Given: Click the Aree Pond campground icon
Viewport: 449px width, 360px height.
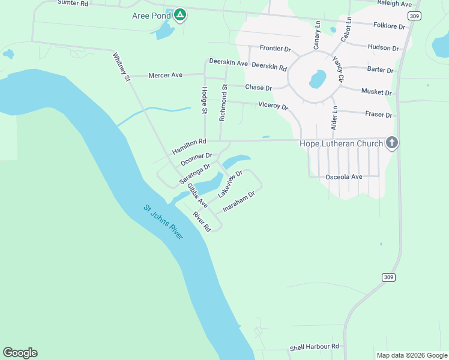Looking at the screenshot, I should coord(179,16).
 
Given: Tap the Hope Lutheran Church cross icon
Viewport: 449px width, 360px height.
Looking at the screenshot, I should coord(391,143).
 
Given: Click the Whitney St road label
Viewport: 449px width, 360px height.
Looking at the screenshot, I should coord(121,67).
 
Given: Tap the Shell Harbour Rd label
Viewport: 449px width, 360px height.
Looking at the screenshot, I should coord(314,347).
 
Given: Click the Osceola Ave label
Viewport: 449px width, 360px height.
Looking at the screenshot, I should coord(343,177).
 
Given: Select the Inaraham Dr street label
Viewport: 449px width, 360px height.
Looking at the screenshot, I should coord(239,202).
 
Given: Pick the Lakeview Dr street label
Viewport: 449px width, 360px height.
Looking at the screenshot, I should coord(230,184).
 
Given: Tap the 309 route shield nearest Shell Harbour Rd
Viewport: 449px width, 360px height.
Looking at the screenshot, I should coord(388,277).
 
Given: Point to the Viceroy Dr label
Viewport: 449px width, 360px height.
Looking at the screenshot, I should coord(273,106).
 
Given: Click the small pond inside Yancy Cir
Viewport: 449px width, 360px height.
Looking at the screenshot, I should coord(317,79).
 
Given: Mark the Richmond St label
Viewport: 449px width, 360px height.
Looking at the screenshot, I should coord(223,103).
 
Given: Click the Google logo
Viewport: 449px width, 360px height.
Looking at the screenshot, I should coord(20,353).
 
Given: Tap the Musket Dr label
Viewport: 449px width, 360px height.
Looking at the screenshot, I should coord(376,92).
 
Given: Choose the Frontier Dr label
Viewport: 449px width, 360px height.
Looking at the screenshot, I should coord(275,48).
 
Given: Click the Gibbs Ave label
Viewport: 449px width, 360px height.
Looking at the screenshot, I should coord(197,196).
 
